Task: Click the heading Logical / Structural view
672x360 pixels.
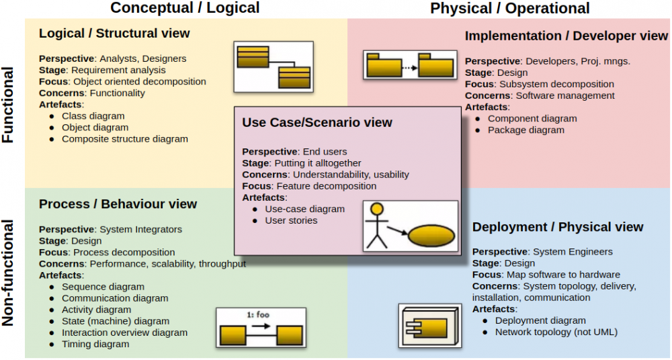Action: (114, 33)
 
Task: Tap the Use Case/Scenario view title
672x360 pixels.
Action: (317, 122)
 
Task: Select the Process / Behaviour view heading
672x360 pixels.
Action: (118, 204)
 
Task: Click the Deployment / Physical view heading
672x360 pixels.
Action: (558, 227)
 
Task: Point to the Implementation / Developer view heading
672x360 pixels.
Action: (566, 36)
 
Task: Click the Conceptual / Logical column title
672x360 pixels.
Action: (185, 9)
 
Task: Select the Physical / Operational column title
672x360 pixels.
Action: (510, 9)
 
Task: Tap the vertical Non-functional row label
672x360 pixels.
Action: (9, 273)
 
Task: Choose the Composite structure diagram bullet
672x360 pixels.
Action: (125, 139)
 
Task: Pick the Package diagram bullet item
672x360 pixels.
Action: (526, 130)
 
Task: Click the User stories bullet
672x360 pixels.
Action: (291, 220)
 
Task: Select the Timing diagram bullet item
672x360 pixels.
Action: (95, 344)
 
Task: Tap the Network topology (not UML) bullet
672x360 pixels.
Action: (556, 332)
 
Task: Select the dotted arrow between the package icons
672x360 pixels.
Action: (410, 67)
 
